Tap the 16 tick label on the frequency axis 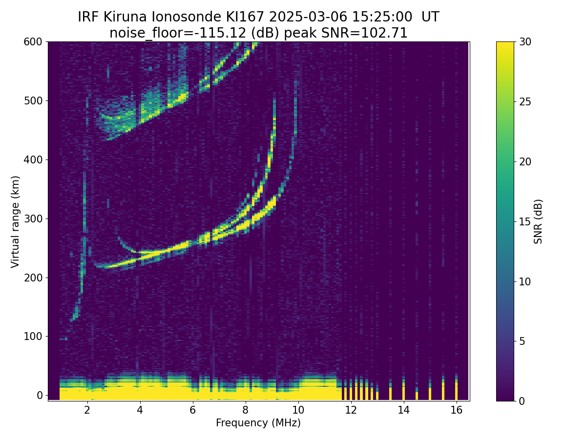[x=457, y=410]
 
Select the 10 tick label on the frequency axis [x=298, y=410]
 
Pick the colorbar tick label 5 [x=522, y=341]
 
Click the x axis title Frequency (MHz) [x=258, y=423]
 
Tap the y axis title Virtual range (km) [x=16, y=221]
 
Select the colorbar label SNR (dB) [x=538, y=221]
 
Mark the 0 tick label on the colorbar [x=522, y=401]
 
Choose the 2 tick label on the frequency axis [x=87, y=410]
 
